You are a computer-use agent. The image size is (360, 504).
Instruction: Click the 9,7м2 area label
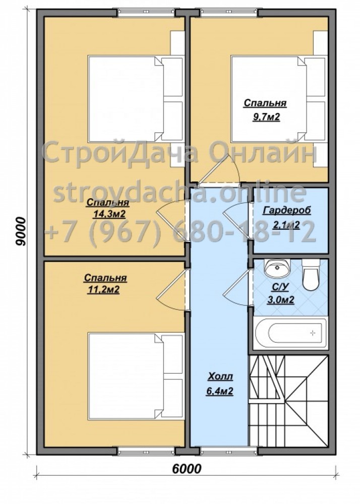tap(266, 117)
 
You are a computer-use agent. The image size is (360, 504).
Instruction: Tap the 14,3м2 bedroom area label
tap(108, 214)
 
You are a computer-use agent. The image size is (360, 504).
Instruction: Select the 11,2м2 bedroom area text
tap(103, 290)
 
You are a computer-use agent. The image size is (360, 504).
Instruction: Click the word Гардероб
tap(287, 211)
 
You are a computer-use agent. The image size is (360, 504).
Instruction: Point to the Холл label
tap(220, 376)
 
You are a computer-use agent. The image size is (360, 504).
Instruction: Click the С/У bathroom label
tap(281, 288)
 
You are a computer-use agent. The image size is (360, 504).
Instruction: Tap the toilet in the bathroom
tap(311, 275)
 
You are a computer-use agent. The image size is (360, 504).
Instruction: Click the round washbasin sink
tap(277, 268)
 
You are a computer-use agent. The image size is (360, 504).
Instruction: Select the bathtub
tap(291, 333)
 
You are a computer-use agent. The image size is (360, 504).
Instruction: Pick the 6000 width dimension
tap(187, 468)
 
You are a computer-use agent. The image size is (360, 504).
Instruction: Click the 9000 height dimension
tap(21, 231)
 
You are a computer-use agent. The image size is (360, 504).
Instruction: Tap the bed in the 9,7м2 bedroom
tap(278, 99)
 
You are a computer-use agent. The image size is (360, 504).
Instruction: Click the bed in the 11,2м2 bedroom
tap(135, 376)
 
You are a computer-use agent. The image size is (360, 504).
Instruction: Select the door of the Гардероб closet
tap(236, 221)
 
